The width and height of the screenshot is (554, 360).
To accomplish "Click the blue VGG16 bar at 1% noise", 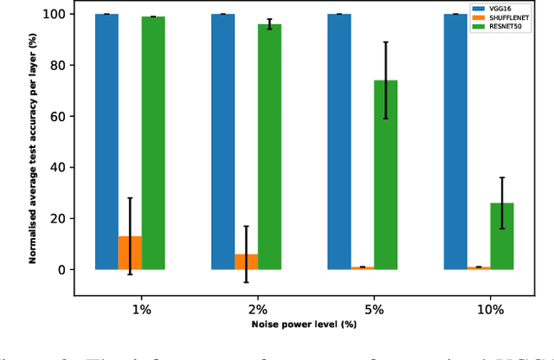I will [106, 142].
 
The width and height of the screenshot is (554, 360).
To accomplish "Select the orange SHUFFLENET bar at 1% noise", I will [130, 253].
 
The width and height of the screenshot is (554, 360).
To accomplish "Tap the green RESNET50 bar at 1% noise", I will [153, 143].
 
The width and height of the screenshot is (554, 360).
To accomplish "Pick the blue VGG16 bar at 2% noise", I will [222, 142].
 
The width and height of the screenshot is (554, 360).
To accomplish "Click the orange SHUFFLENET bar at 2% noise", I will [246, 261].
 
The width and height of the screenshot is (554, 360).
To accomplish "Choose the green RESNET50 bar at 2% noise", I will [269, 147].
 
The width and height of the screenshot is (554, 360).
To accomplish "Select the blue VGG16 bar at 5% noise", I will [339, 142].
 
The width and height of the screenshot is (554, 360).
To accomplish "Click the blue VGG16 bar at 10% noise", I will [455, 142].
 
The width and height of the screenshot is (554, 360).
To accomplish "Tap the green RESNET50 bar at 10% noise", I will [502, 236].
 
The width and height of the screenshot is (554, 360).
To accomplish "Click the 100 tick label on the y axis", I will [53, 15].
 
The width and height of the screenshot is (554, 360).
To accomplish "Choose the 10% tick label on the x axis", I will [479, 309].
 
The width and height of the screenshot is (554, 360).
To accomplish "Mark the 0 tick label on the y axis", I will [60, 270].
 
